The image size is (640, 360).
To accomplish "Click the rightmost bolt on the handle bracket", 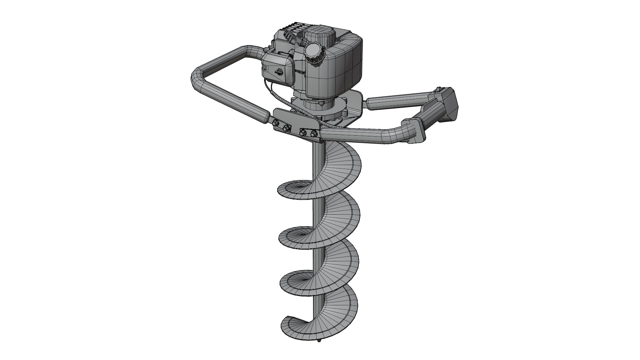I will point(313,134).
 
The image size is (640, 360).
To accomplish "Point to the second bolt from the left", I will point(286,128).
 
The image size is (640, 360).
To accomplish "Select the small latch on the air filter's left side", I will point(263,68).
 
